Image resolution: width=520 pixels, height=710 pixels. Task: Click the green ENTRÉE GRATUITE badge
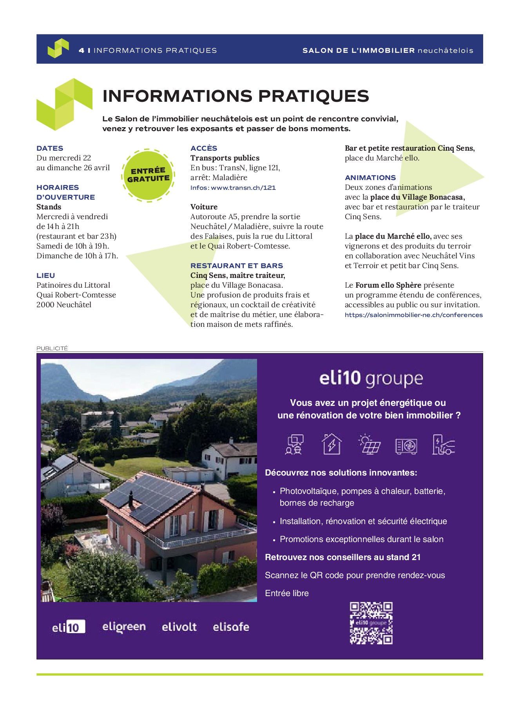coord(148,175)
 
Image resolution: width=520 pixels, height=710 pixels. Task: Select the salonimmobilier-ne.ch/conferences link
coord(413,315)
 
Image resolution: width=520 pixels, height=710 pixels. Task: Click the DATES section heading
coord(50,148)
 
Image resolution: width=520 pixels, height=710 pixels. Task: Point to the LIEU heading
coord(46,276)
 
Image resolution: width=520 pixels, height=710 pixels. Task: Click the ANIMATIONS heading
coord(370,178)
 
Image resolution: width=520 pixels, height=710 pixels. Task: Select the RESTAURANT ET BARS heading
coord(237,266)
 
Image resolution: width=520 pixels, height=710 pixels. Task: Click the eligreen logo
coord(124,627)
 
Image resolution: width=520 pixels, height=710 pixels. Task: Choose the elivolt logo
coord(179,627)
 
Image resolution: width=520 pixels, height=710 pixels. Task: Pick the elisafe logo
coord(231,627)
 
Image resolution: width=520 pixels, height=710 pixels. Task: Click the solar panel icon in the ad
coord(369,444)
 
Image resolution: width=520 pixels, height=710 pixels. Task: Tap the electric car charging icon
coord(443,445)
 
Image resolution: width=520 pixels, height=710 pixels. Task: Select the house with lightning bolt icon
coord(332,444)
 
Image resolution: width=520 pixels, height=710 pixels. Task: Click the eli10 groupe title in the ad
coord(371,378)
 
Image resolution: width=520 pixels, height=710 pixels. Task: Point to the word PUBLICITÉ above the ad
coord(52,348)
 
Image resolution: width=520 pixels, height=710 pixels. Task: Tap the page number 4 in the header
coord(82,50)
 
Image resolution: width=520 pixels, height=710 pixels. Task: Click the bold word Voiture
coord(204,207)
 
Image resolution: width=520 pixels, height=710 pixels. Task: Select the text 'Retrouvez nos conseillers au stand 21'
coord(342,557)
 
